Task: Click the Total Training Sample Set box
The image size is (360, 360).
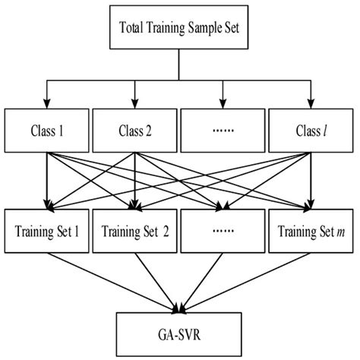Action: [x=180, y=30]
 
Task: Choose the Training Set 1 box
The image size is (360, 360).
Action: [x=47, y=232]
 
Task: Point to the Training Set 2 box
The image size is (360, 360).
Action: [x=135, y=232]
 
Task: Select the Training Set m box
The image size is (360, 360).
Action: [x=311, y=232]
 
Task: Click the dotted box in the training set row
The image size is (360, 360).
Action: [x=223, y=232]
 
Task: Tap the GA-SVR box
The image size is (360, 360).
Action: [x=180, y=332]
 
